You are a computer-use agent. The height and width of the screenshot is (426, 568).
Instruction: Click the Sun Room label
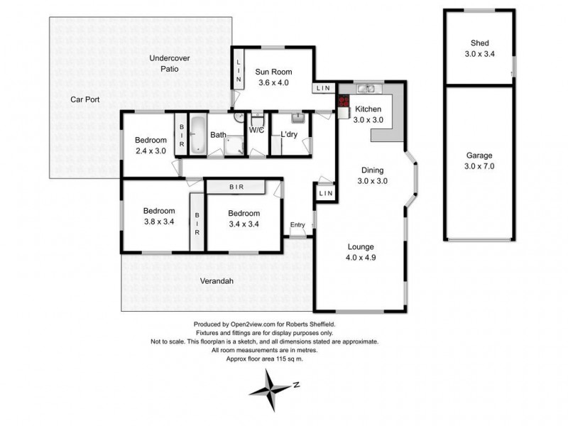click(273, 72)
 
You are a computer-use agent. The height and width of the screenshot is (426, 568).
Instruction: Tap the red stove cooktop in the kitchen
click(344, 101)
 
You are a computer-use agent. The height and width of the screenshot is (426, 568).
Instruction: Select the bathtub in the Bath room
click(198, 135)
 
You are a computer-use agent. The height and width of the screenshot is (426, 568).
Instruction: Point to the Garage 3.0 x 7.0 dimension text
click(479, 166)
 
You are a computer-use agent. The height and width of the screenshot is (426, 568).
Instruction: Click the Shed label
click(480, 43)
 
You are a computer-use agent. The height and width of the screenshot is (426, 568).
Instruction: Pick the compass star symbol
click(270, 390)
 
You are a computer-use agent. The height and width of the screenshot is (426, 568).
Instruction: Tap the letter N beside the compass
click(296, 385)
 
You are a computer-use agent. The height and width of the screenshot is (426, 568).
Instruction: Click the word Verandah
click(217, 280)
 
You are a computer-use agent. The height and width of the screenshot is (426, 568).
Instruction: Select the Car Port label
click(84, 99)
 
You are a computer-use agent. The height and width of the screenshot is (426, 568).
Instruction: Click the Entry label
click(297, 224)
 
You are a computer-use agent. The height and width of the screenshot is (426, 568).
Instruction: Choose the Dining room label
click(372, 170)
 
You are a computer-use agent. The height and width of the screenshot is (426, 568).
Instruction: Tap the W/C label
click(256, 130)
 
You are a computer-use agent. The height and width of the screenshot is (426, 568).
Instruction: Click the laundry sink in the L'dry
click(297, 118)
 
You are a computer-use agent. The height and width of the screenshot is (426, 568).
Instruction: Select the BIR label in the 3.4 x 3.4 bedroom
click(236, 187)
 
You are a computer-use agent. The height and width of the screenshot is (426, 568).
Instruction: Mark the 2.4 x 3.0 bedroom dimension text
click(151, 151)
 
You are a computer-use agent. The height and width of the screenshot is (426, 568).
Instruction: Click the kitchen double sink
click(366, 88)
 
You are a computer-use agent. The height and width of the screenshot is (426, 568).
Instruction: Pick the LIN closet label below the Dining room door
click(326, 193)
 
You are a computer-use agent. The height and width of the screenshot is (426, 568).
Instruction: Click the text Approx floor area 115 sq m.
click(264, 359)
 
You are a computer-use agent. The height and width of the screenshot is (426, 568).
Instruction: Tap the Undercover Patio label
click(170, 63)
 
